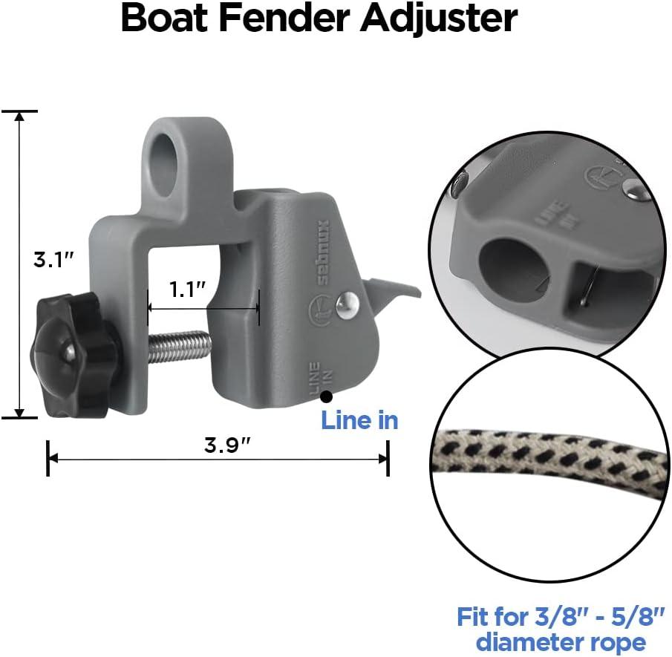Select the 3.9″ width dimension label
coord(227,445)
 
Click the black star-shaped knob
coord(73,355)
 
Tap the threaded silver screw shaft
coord(180,346)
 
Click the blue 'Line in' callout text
coord(359,421)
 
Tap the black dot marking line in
coord(326,399)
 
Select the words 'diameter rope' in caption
coord(561,641)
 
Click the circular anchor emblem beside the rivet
coord(316,307)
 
